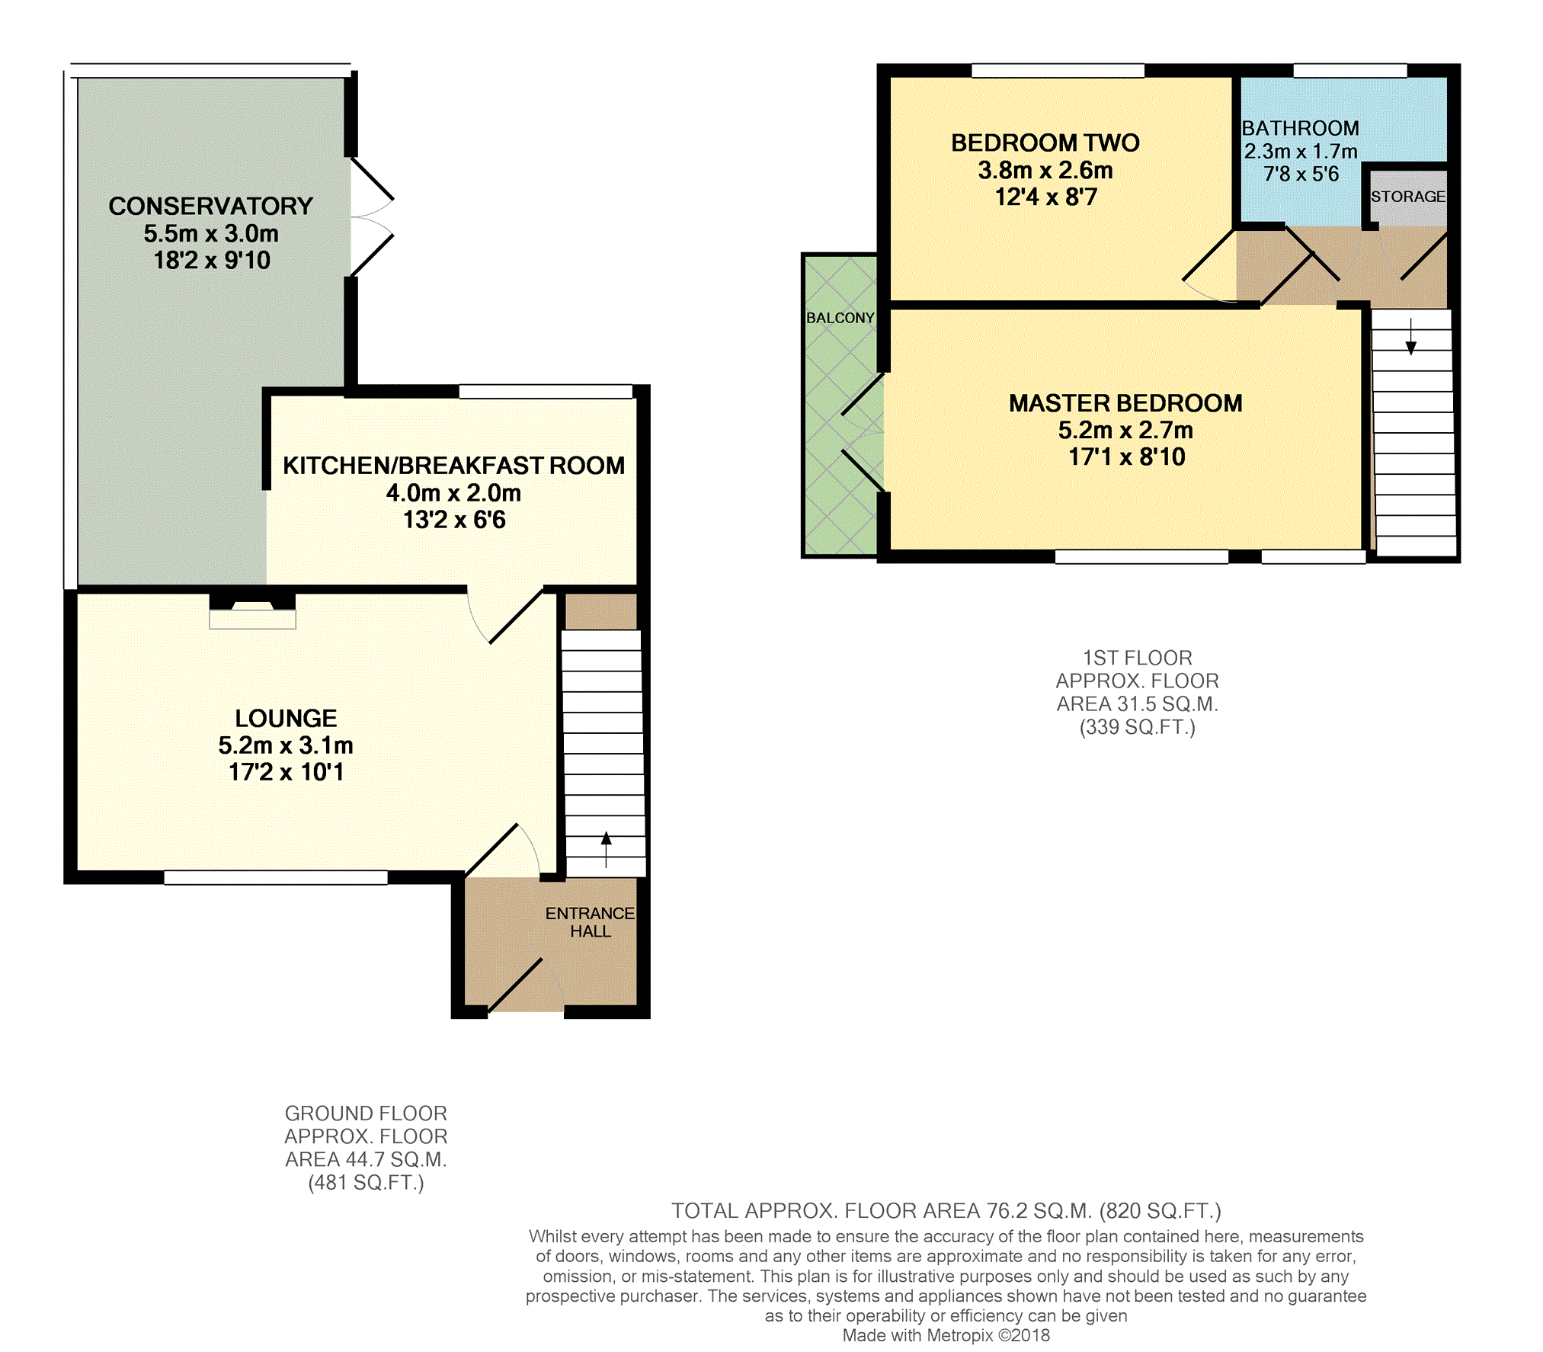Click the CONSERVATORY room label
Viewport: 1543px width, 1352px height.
coord(210,206)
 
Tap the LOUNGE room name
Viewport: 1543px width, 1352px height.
coord(286,718)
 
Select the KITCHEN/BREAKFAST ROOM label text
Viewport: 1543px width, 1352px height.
coord(453,466)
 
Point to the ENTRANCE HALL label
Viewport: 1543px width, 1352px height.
coord(590,922)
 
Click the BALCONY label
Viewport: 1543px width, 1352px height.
coord(840,318)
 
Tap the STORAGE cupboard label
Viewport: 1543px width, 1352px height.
coord(1408,197)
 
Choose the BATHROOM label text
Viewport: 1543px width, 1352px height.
coord(1300,128)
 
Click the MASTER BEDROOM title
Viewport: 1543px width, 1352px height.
coord(1125,403)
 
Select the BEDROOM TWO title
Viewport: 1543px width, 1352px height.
coord(1045,143)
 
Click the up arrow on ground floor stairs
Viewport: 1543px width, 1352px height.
coord(607,850)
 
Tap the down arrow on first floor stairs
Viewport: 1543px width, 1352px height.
coord(1411,337)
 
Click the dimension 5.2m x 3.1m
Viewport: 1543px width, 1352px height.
coord(286,745)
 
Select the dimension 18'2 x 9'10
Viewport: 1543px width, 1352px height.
coord(212,261)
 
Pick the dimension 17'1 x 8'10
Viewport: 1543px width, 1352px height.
coord(1127,457)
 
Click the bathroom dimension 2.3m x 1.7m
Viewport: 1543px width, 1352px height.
coord(1301,151)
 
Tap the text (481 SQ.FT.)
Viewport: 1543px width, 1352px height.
coord(366,1183)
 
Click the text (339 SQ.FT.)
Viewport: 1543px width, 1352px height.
coord(1138,727)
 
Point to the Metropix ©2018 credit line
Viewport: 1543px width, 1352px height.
coord(946,1335)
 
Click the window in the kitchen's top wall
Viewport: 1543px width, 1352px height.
coord(546,392)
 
